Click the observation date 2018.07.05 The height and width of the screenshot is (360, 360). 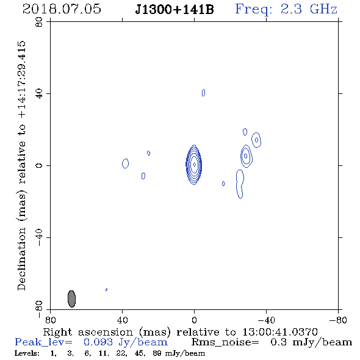coord(62,9)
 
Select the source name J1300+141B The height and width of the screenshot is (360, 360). coord(175,9)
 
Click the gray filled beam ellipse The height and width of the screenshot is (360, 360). coord(71,299)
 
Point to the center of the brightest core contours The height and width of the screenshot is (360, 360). coord(194,165)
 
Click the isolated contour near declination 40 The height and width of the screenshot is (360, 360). coord(203,93)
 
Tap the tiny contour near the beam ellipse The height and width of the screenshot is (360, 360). coord(106,289)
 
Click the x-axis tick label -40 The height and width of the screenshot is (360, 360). coord(266,320)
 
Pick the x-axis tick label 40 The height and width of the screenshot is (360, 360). coord(123,320)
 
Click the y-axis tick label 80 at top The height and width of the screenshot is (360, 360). coord(39,22)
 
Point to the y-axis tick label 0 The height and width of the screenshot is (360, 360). coord(39,165)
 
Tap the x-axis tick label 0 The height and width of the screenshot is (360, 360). coord(194,320)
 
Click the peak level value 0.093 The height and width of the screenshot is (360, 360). coord(98,342)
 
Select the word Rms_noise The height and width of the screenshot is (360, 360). coord(225,342)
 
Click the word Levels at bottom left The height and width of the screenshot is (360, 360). coord(27,353)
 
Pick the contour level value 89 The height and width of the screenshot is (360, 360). coord(157,353)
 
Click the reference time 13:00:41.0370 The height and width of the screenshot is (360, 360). coord(280,332)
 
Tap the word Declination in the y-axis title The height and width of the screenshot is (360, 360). coord(21,259)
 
